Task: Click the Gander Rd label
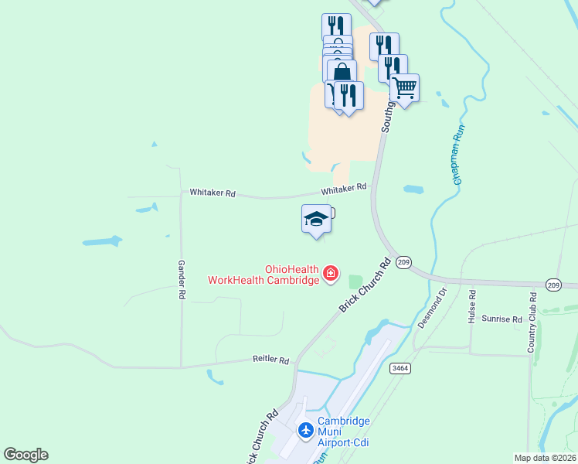[x=182, y=279]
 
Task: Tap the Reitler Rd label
[x=270, y=360]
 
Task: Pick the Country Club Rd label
[x=532, y=322]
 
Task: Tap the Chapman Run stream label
[x=461, y=156]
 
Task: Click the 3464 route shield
[x=399, y=368]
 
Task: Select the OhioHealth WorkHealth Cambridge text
[x=263, y=275]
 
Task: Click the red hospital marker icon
[x=331, y=273]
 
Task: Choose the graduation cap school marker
[x=316, y=219]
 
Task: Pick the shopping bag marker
[x=341, y=73]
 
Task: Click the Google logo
[x=25, y=455]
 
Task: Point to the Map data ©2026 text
[x=545, y=458]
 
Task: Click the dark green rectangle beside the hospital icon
[x=355, y=282]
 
